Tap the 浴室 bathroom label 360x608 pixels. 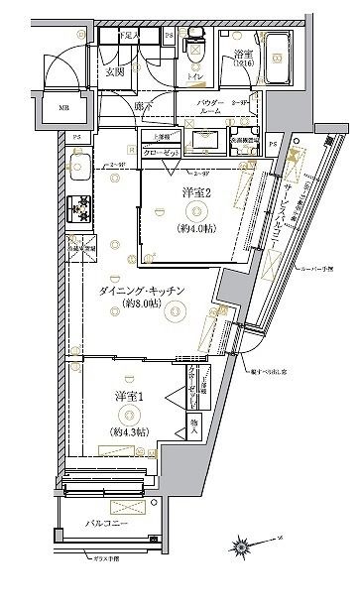click(243, 55)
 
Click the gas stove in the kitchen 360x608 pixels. click(78, 209)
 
